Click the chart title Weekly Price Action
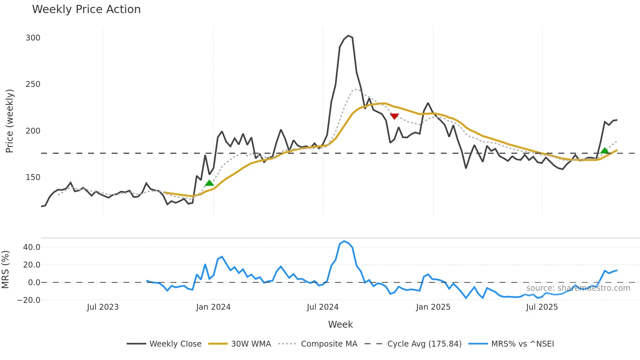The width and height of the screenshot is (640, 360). pyautogui.click(x=86, y=9)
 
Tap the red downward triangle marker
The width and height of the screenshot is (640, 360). pyautogui.click(x=394, y=116)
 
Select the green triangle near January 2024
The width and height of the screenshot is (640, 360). pyautogui.click(x=209, y=183)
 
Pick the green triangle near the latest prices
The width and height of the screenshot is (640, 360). pyautogui.click(x=604, y=151)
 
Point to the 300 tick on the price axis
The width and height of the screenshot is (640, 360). pyautogui.click(x=33, y=38)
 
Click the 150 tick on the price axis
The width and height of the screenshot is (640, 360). pyautogui.click(x=33, y=177)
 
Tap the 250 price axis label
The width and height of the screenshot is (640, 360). pyautogui.click(x=33, y=84)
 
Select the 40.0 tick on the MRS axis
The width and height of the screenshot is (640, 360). pyautogui.click(x=32, y=247)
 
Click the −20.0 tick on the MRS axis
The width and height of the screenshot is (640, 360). pyautogui.click(x=29, y=300)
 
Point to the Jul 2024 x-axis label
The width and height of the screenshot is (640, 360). pyautogui.click(x=323, y=307)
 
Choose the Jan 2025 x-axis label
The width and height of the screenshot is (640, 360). pyautogui.click(x=433, y=307)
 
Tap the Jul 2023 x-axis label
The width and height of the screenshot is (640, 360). pyautogui.click(x=103, y=307)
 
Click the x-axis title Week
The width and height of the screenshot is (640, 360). pyautogui.click(x=340, y=324)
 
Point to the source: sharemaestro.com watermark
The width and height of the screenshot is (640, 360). pyautogui.click(x=578, y=288)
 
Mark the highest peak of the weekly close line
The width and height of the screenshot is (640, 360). pyautogui.click(x=348, y=36)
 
